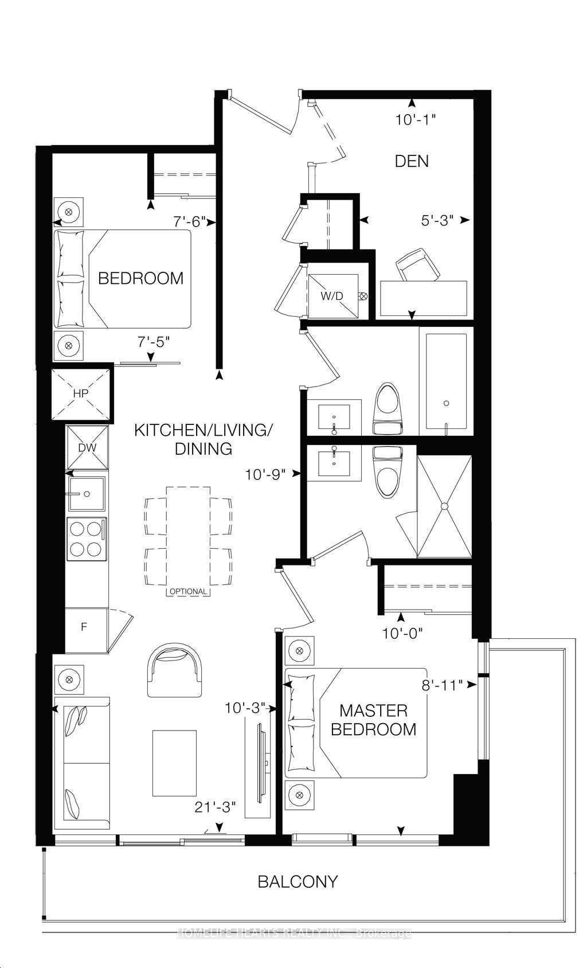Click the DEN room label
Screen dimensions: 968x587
point(412,161)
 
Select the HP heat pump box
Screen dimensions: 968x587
point(80,394)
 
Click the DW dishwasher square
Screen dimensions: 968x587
point(87,448)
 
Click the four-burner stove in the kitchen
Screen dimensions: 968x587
point(87,539)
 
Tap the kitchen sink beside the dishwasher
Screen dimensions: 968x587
point(87,493)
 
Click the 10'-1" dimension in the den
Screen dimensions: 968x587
point(416,120)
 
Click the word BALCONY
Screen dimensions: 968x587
point(298,881)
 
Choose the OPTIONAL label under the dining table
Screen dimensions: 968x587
point(187,591)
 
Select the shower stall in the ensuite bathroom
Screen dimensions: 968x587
point(444,506)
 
